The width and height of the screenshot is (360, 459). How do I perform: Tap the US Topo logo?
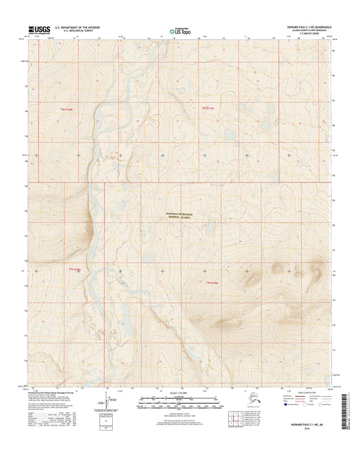(x=179, y=30)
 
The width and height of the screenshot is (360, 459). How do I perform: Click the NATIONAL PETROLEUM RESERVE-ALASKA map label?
(x=180, y=213)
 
